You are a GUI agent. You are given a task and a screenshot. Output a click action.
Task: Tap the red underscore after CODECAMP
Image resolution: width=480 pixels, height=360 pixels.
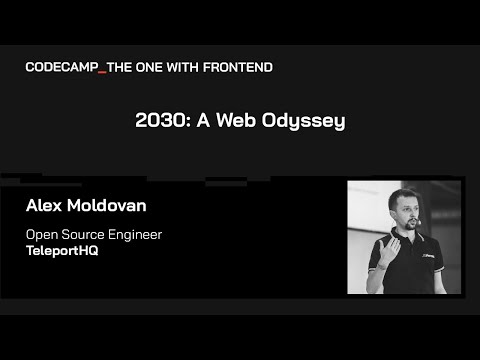click(x=102, y=70)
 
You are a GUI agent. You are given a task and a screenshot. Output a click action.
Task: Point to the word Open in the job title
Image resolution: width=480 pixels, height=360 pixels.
click(x=43, y=235)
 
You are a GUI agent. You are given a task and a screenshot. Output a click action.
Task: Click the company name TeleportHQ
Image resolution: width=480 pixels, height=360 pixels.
click(x=60, y=252)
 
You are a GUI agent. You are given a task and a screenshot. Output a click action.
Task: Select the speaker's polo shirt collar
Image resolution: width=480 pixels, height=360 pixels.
click(x=405, y=241)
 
